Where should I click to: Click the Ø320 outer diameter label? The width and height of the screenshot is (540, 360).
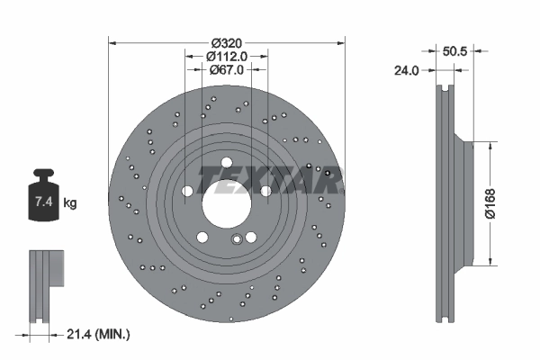point(226,42)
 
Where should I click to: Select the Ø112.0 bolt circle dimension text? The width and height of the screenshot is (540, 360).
point(226,56)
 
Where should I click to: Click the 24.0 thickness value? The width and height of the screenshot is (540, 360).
point(408,69)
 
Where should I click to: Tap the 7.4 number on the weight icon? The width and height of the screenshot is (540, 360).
point(41,202)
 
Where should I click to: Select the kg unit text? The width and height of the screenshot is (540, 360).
point(70,203)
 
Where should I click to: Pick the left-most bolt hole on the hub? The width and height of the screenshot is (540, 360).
point(186,191)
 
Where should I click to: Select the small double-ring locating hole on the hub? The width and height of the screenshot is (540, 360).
point(237,239)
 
